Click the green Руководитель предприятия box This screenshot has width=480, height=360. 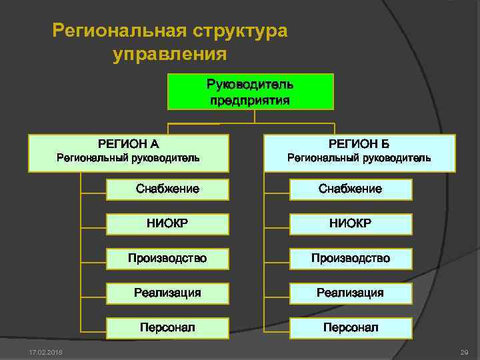(250, 92)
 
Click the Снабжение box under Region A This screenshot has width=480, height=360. (167, 189)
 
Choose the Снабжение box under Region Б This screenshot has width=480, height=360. (351, 189)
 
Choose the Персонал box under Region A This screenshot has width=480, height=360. (167, 328)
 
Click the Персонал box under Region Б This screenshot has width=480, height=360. (351, 328)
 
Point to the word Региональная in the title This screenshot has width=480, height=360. (118, 31)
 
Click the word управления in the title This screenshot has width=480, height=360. (170, 53)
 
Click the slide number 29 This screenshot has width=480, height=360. (465, 351)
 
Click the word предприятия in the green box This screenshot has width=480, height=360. (250, 101)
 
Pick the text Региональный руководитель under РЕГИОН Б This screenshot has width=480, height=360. (359, 159)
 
